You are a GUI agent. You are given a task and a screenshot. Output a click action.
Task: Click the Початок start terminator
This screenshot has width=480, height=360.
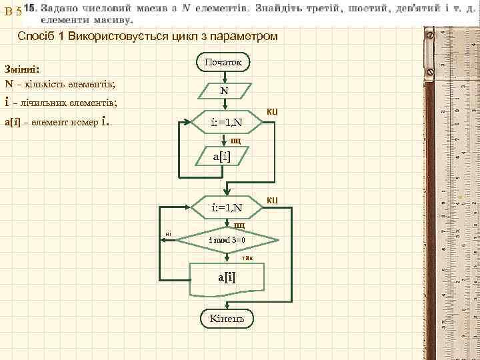tap(224, 62)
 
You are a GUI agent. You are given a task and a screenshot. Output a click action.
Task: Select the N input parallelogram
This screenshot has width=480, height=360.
tap(224, 91)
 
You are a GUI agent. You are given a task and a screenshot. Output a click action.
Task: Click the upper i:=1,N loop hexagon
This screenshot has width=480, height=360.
tap(226, 123)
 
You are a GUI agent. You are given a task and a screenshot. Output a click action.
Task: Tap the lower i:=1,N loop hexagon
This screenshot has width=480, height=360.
tap(226, 208)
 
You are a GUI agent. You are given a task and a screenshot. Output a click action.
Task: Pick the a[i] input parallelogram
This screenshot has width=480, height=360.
tap(224, 157)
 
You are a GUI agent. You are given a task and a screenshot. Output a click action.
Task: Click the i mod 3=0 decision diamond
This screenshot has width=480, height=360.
tap(227, 239)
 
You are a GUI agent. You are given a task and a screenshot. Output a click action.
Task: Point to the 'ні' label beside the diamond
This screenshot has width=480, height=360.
tap(169, 233)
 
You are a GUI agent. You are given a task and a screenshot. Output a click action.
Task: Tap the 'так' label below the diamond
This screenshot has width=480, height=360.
tap(247, 257)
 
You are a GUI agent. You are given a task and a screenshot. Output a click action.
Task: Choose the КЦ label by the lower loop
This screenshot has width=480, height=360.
tap(272, 199)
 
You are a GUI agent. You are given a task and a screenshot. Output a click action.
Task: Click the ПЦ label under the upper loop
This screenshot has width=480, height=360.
tap(236, 141)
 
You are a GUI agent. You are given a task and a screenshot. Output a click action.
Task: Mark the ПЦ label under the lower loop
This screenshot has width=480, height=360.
tap(239, 225)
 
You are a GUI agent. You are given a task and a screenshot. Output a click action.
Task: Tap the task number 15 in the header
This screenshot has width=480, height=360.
tap(30, 9)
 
